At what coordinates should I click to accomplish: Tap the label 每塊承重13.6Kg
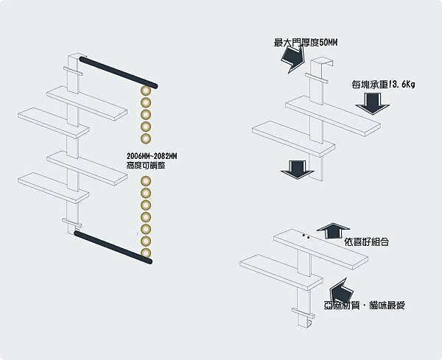pos(383,85)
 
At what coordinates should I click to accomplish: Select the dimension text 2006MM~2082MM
pos(152,157)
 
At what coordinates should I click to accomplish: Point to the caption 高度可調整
pos(146,167)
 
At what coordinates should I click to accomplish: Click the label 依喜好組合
pos(366,241)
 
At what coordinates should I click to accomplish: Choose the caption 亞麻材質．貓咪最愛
pos(364,305)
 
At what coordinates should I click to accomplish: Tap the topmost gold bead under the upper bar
pos(146,90)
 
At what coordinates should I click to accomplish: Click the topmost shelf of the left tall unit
pos(86,102)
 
